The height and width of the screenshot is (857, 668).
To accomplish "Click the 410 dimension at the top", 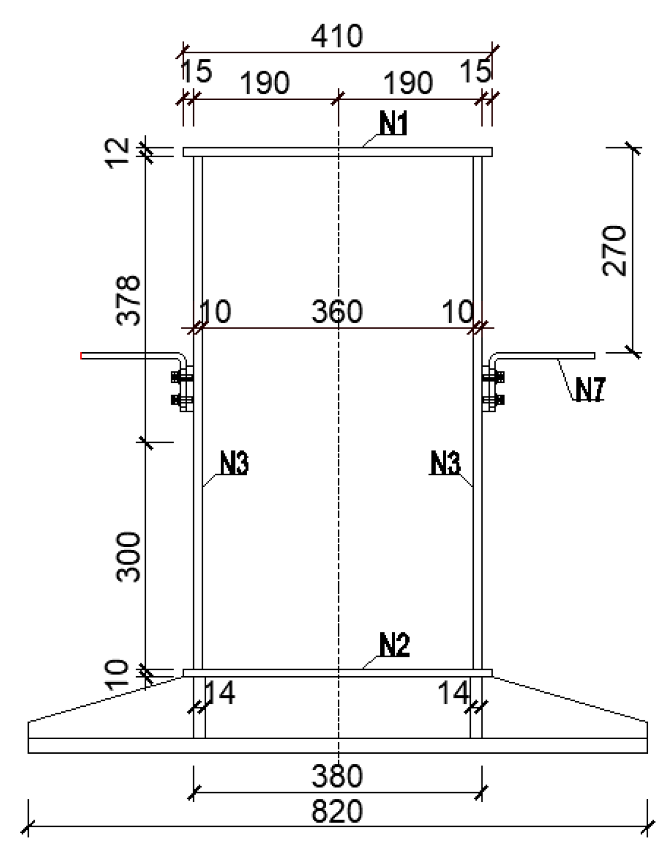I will (337, 37).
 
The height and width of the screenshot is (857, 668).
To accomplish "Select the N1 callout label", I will (394, 124).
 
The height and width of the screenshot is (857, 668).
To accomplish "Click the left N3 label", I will (234, 464).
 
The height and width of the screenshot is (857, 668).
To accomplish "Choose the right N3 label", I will (445, 464).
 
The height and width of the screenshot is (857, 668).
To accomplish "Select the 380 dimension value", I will (337, 777).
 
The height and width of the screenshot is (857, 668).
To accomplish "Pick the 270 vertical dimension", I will (615, 250).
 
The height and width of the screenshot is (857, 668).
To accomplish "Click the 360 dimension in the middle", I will (337, 312).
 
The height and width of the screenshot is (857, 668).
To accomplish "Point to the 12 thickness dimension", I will (118, 153).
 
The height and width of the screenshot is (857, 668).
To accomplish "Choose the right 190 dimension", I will (408, 84).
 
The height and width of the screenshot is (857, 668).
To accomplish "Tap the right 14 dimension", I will (454, 693).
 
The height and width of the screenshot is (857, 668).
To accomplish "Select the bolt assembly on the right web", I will (493, 389).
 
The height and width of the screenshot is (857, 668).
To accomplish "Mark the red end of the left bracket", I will (82, 356).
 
